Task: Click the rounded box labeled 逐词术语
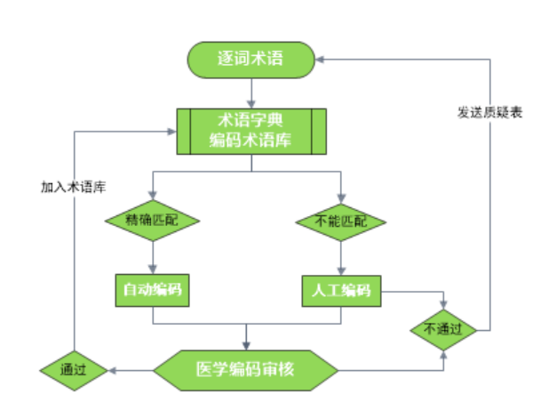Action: pyautogui.click(x=251, y=60)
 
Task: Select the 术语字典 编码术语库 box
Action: pyautogui.click(x=251, y=129)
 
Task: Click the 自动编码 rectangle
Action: pyautogui.click(x=154, y=290)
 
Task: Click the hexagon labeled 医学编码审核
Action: pyautogui.click(x=247, y=367)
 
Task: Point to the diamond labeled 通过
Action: pyautogui.click(x=74, y=367)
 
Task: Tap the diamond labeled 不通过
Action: pyautogui.click(x=442, y=328)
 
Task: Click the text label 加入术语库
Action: pyautogui.click(x=73, y=188)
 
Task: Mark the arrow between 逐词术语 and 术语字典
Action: pyautogui.click(x=251, y=92)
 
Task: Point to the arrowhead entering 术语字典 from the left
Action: pyautogui.click(x=171, y=129)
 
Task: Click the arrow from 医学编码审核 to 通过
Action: pyautogui.click(x=129, y=367)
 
